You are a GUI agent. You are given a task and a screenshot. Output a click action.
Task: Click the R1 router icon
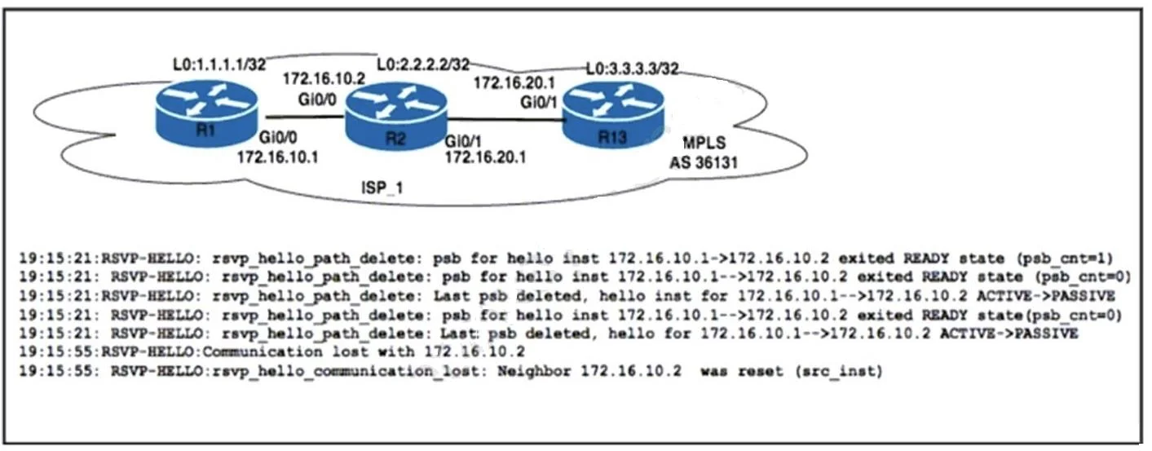click(x=206, y=114)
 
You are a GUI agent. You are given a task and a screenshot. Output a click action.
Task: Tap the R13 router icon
click(x=613, y=115)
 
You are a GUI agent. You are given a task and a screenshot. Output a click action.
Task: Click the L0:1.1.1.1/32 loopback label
click(x=219, y=64)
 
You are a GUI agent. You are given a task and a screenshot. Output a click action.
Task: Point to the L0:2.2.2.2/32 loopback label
click(x=423, y=64)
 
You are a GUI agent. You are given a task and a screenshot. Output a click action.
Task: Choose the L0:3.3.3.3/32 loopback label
click(x=632, y=69)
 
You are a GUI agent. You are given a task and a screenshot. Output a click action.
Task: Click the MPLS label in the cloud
click(x=704, y=143)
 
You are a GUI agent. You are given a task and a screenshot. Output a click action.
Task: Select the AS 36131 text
click(x=703, y=163)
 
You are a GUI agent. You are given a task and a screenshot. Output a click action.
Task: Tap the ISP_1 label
click(x=382, y=188)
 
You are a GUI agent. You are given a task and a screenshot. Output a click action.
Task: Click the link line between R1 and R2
click(x=304, y=117)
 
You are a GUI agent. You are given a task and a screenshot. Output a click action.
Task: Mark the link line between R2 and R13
click(x=505, y=120)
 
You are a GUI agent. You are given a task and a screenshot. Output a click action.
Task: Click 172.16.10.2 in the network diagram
click(x=324, y=78)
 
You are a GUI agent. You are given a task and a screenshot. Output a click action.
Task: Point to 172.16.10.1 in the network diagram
click(x=278, y=157)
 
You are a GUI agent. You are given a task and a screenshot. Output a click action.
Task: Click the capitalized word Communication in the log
click(x=263, y=352)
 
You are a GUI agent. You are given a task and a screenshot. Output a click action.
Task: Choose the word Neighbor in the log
click(x=534, y=371)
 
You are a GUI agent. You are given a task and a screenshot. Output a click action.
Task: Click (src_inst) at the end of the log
click(x=839, y=371)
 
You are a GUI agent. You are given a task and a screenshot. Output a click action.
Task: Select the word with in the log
click(x=396, y=352)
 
